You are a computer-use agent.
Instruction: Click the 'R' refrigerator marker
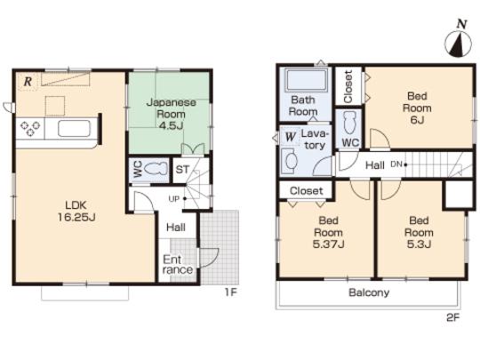click(x=28, y=82)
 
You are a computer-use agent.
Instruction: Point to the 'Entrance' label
click(x=176, y=264)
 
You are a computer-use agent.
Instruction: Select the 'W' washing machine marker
click(x=291, y=136)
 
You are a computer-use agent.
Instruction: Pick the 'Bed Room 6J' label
click(x=418, y=108)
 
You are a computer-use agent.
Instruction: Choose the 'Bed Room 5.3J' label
click(x=418, y=231)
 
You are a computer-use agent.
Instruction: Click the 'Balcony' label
click(x=368, y=292)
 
